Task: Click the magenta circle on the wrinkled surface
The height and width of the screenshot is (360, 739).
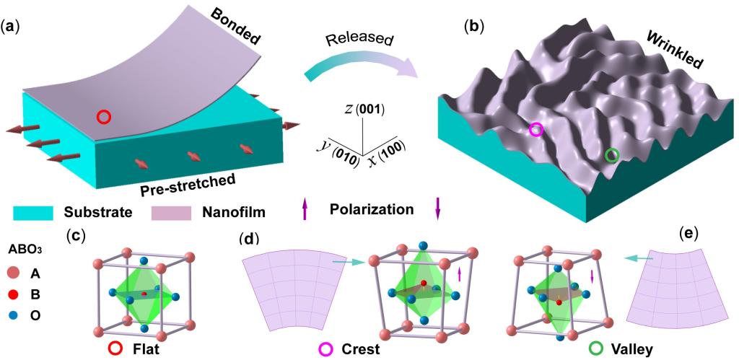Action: [x=535, y=130]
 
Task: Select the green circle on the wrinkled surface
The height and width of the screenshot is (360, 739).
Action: [x=611, y=155]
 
